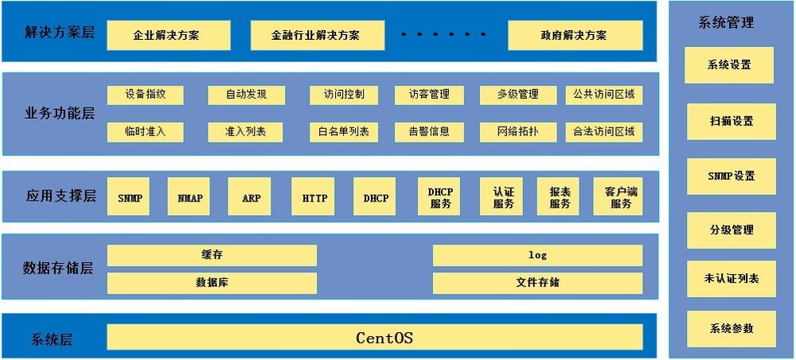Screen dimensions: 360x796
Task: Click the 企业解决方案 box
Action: tap(167, 35)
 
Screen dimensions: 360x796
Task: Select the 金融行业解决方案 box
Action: tap(315, 35)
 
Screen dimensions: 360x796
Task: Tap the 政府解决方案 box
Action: tap(575, 35)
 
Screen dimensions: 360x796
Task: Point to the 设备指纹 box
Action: tap(145, 95)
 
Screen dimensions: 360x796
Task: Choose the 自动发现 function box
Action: tap(245, 95)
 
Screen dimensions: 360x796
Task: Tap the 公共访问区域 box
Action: tap(603, 95)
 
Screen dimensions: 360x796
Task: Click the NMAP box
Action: tap(189, 197)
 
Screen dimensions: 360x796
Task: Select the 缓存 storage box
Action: tap(212, 255)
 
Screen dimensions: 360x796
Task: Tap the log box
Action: tap(537, 255)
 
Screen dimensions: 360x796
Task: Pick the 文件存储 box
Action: tap(537, 283)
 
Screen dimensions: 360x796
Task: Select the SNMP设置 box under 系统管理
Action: tap(731, 176)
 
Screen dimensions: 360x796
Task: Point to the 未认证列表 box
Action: tap(731, 278)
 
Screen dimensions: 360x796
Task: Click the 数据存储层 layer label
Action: tap(58, 268)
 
